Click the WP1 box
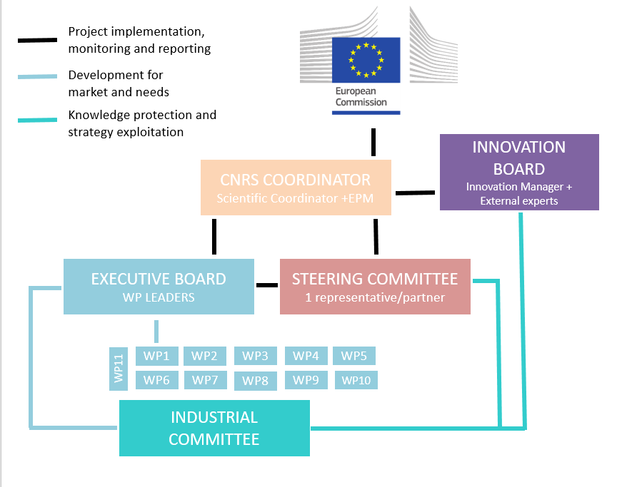point(156,356)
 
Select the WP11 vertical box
point(119,369)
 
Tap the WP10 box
point(356,380)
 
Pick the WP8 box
point(255,381)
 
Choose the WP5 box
point(354,356)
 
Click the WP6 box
point(156,380)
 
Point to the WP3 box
point(255,356)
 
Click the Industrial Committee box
point(214,428)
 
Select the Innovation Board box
point(519,173)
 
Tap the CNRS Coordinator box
point(296,188)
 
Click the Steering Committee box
point(375,287)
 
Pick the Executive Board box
point(159,287)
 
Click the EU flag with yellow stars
point(366,59)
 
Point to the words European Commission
point(361,97)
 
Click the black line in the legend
point(37,40)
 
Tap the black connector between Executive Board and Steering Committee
point(267,286)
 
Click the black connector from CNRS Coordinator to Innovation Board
point(415,192)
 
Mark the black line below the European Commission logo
point(373,142)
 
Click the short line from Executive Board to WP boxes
point(156,332)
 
